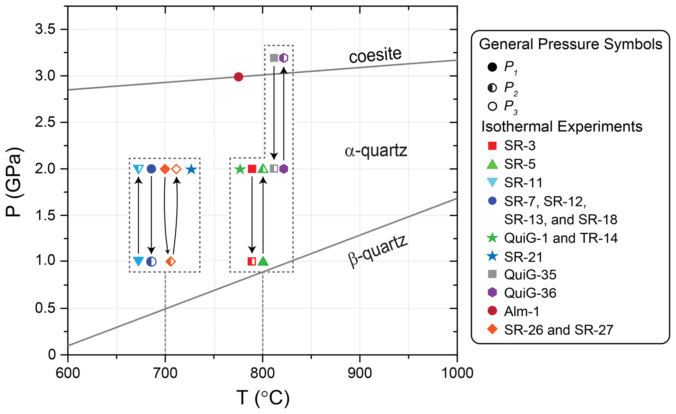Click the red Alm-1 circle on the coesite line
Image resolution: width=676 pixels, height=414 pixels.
238,77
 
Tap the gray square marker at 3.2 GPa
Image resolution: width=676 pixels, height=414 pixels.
274,58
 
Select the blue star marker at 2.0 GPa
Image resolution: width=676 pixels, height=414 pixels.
191,170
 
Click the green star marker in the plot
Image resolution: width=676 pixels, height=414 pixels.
240,169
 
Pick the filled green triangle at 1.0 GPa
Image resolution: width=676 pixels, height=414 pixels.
263,261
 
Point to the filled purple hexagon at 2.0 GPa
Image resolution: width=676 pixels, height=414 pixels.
284,169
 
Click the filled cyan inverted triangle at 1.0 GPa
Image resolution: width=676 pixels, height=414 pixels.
139,261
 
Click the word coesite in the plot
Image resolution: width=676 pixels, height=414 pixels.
375,55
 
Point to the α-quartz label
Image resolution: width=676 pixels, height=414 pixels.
376,151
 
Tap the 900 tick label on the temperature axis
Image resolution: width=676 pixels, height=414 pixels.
360,373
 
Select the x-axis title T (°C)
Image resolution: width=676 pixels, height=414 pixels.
263,398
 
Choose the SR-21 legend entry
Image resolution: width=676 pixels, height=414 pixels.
523,257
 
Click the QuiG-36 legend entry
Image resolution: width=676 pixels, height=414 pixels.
530,293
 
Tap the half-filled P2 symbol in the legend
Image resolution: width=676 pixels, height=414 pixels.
492,88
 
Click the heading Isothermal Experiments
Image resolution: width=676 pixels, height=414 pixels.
562,127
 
